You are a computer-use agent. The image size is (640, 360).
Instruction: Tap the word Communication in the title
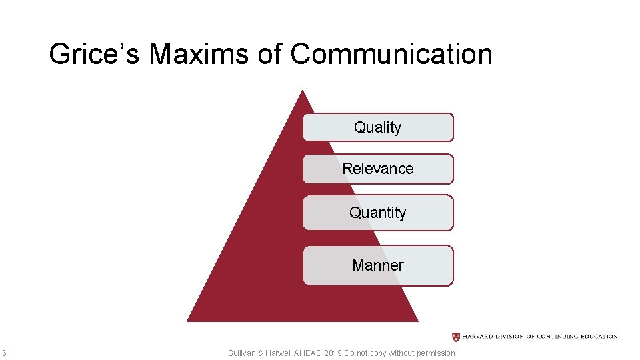[391, 54]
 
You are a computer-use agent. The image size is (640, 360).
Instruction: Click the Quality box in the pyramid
[378, 127]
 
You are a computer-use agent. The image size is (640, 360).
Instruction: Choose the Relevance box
[378, 169]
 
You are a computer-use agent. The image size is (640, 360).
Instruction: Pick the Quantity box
[378, 213]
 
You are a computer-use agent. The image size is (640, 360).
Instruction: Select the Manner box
[378, 265]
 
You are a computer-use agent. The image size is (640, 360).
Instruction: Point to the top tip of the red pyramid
[303, 91]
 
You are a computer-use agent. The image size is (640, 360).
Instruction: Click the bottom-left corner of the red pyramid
[188, 321]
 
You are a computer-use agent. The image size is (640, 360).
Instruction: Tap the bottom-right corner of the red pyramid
[417, 321]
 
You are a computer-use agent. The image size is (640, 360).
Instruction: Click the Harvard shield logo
[456, 337]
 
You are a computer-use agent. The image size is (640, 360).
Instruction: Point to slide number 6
[4, 353]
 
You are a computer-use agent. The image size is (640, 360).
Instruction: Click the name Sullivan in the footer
[242, 353]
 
